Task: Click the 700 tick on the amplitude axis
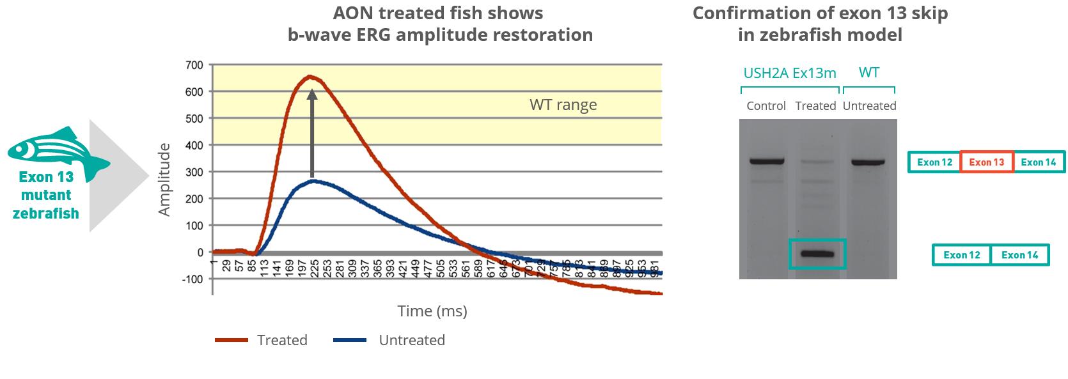coord(194,65)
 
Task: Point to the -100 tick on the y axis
coord(191,279)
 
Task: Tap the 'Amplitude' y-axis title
coord(164,180)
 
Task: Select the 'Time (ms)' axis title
coord(432,311)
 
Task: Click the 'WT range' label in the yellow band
coord(563,105)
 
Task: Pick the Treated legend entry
coord(261,340)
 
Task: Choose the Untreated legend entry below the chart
coord(389,340)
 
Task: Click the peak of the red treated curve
coord(310,77)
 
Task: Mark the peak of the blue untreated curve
coord(313,181)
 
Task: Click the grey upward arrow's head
coord(312,95)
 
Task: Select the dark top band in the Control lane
coord(767,161)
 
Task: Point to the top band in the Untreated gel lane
coord(868,162)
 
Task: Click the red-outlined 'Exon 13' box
coord(987,162)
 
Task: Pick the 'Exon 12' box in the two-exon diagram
coord(961,255)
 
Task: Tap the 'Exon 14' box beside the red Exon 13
coord(1039,162)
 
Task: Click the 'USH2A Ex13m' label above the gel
coord(790,73)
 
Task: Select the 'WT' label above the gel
coord(868,72)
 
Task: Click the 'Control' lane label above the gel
coord(766,106)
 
